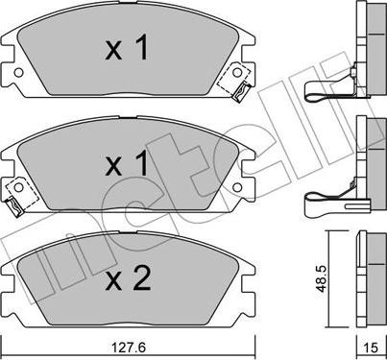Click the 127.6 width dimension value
point(129,347)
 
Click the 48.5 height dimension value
point(321,278)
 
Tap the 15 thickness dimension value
point(371,347)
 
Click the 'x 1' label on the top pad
point(127,48)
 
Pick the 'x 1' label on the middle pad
point(127,163)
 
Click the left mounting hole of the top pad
point(19,73)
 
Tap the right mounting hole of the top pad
point(237,72)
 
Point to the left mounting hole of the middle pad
point(19,187)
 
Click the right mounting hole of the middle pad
point(237,187)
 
